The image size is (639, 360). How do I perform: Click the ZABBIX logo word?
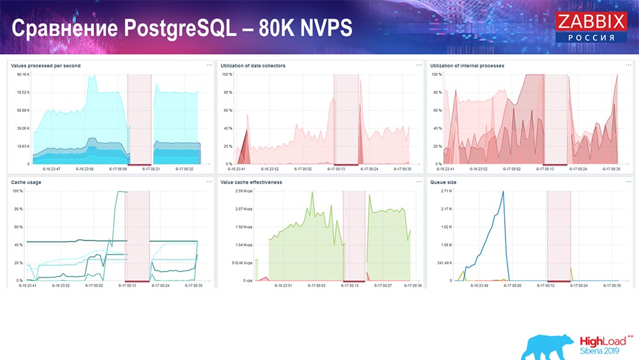tap(591, 22)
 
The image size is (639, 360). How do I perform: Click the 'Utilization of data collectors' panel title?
tap(253, 66)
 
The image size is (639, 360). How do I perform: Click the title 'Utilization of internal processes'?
tap(467, 66)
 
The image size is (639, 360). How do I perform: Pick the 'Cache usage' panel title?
tap(25, 182)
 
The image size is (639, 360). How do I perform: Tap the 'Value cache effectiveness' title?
tap(251, 182)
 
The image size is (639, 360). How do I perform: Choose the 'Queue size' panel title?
tap(443, 182)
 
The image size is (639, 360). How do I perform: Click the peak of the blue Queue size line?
tap(503, 192)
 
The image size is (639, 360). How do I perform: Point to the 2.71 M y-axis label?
tap(446, 191)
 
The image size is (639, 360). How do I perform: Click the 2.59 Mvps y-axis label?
tap(243, 191)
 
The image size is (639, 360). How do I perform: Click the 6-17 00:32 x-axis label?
tap(184, 169)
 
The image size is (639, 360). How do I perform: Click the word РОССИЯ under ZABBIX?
tap(591, 38)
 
